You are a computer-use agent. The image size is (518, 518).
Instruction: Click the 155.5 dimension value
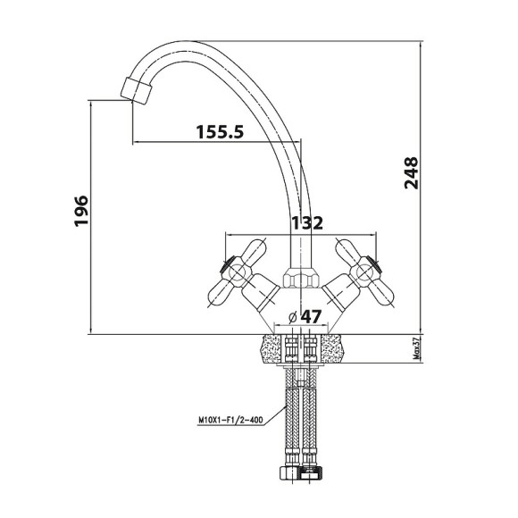pos(220,131)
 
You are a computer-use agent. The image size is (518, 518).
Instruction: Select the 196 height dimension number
pos(81,211)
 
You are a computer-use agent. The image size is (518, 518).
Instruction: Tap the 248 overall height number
pos(412,172)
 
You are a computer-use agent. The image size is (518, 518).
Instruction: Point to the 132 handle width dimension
pos(306,223)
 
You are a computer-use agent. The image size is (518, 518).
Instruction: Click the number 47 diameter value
pos(311,316)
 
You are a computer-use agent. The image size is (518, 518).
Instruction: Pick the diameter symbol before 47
pos(293,317)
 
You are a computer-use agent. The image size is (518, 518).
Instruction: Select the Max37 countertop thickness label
pos(417,348)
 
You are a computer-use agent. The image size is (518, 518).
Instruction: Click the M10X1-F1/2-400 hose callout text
pos(230,421)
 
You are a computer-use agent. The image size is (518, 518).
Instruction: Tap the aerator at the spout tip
pos(136,91)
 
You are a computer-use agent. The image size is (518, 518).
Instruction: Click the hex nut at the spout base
pos(301,277)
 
